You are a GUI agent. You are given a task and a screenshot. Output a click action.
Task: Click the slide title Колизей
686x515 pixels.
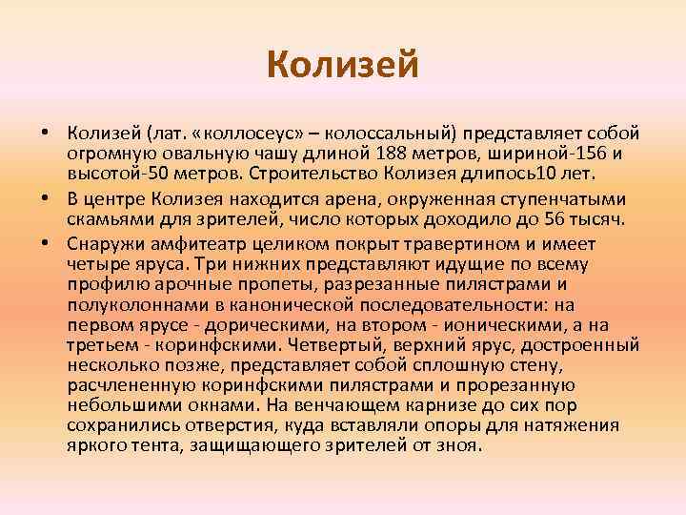click(343, 66)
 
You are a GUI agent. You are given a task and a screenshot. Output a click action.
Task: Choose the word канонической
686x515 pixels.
click(291, 306)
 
